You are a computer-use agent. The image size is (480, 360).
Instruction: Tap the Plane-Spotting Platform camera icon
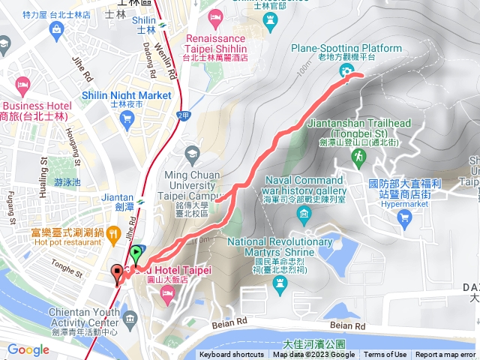[346, 71]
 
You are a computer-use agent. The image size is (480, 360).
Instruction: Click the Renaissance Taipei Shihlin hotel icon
[215, 16]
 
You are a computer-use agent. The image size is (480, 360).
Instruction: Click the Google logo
[28, 349]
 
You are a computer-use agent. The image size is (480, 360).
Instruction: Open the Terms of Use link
[385, 355]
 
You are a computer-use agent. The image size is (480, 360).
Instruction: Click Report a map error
[446, 355]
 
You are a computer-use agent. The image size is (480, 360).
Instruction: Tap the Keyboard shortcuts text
[231, 355]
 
